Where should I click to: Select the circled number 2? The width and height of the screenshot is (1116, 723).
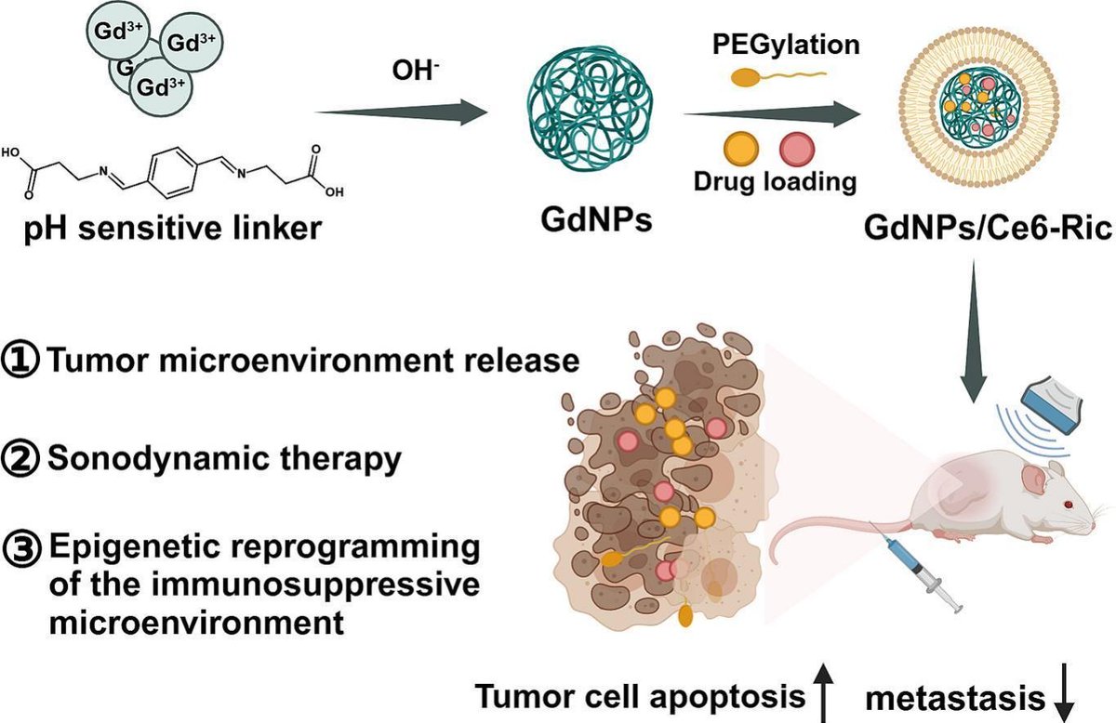(x=20, y=458)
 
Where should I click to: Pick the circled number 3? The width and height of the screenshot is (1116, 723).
(x=20, y=546)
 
